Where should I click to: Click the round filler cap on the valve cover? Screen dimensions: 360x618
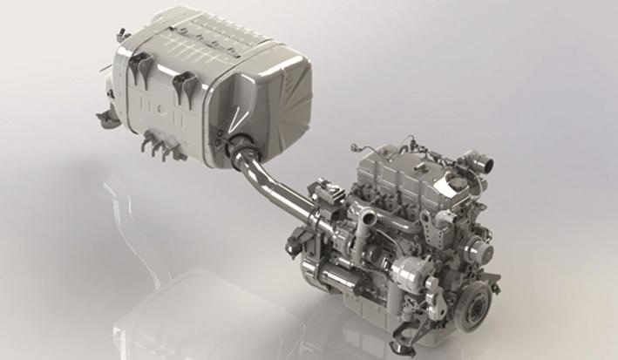453,183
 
